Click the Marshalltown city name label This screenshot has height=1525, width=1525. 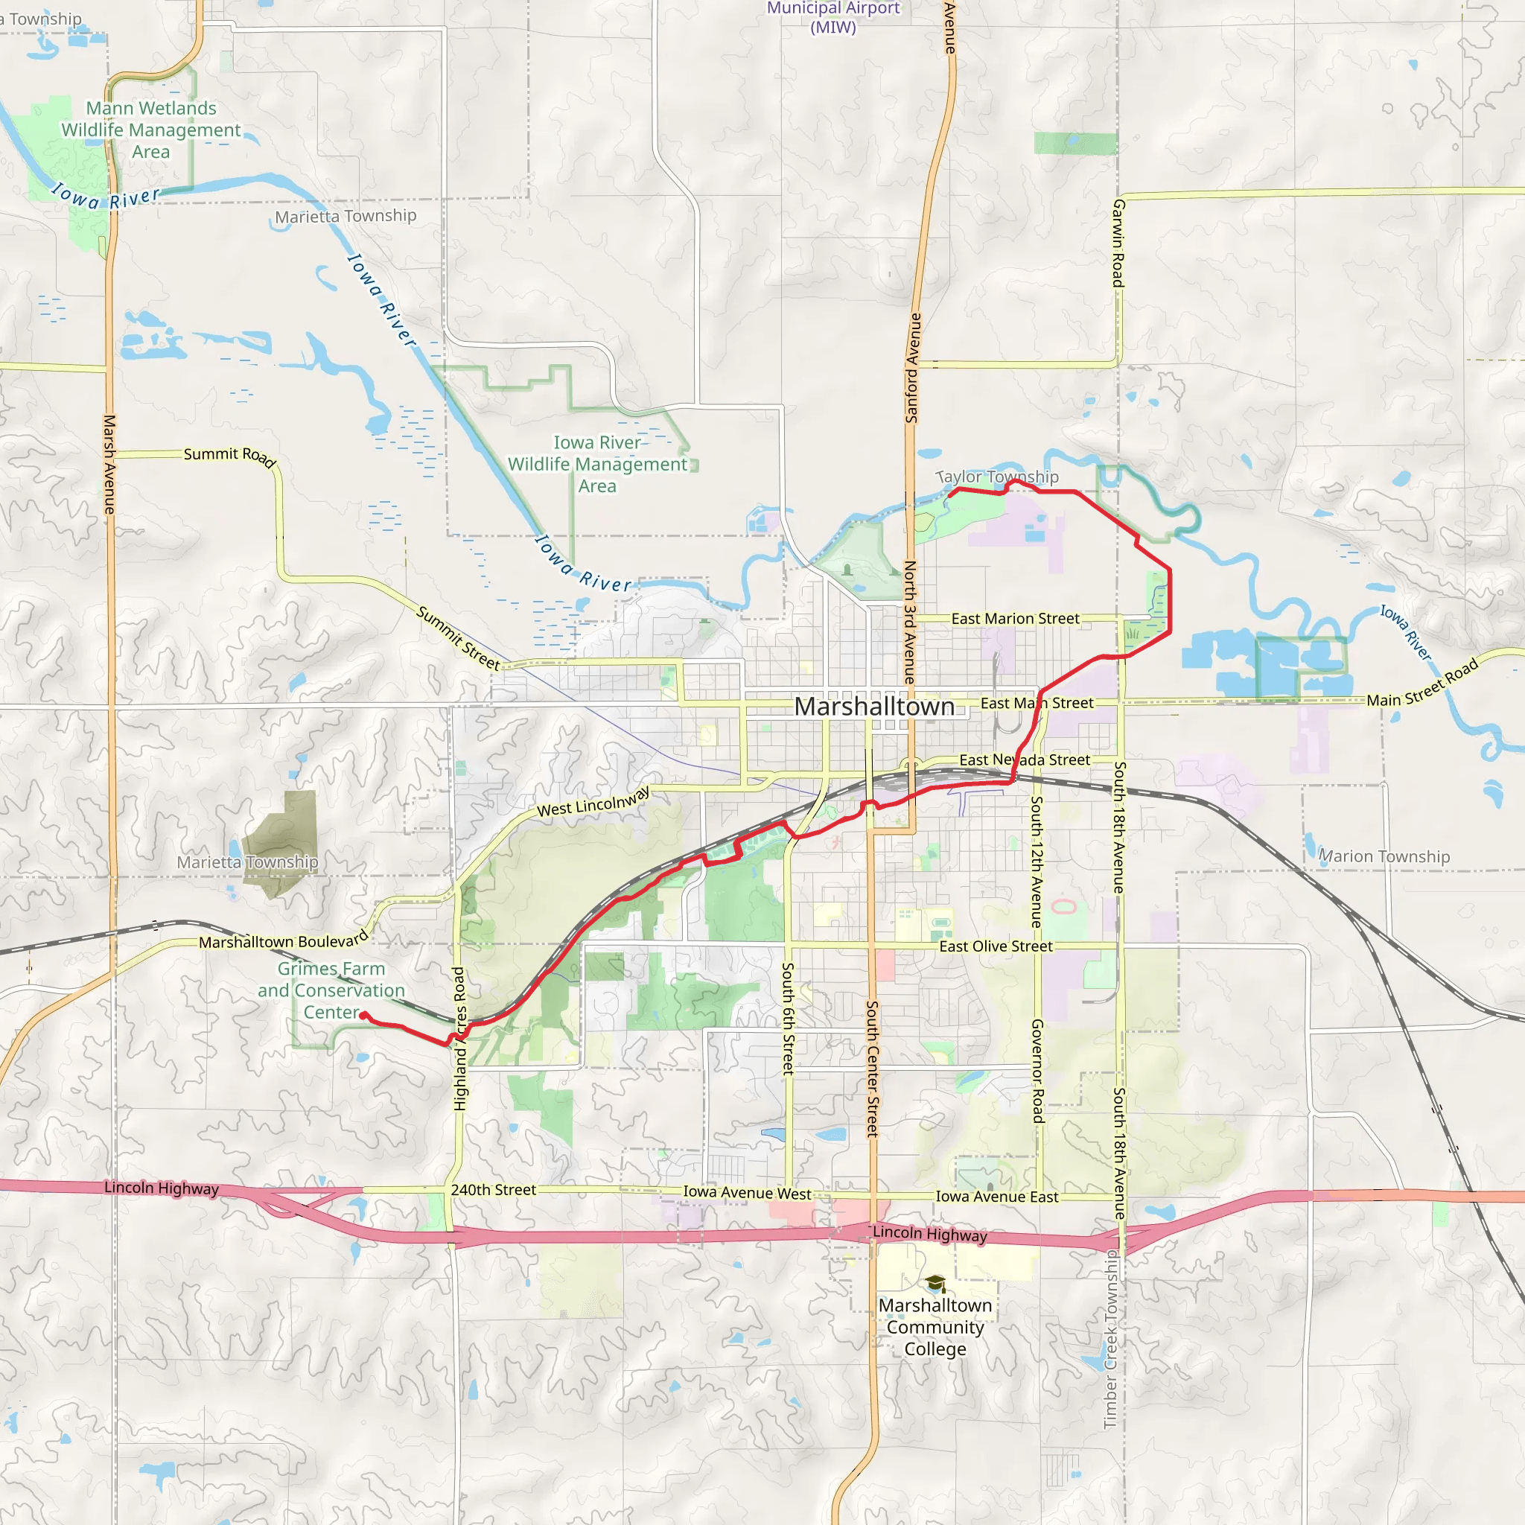click(x=873, y=707)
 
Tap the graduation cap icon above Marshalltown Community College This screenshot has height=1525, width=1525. click(x=935, y=1284)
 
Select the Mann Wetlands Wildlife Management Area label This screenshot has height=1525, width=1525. click(x=150, y=130)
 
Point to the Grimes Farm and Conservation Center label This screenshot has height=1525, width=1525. click(x=331, y=990)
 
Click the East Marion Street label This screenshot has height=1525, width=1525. click(x=1014, y=619)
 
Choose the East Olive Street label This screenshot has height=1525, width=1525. click(x=996, y=946)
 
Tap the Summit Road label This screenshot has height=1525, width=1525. click(x=229, y=456)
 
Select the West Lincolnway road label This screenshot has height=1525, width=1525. click(x=593, y=802)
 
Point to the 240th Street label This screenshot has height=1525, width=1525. click(x=494, y=1189)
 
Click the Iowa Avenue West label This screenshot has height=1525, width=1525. click(x=747, y=1193)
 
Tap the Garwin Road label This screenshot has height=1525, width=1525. click(x=1118, y=243)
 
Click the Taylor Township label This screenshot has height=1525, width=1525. click(x=998, y=477)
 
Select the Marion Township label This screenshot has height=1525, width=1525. click(x=1384, y=856)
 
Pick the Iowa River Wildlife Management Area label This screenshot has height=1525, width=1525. click(x=596, y=464)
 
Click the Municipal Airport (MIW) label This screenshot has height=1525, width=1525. click(x=832, y=17)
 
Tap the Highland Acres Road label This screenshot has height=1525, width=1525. click(x=459, y=1038)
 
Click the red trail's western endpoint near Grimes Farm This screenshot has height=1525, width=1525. click(x=363, y=1016)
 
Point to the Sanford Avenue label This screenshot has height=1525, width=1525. click(x=912, y=368)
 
